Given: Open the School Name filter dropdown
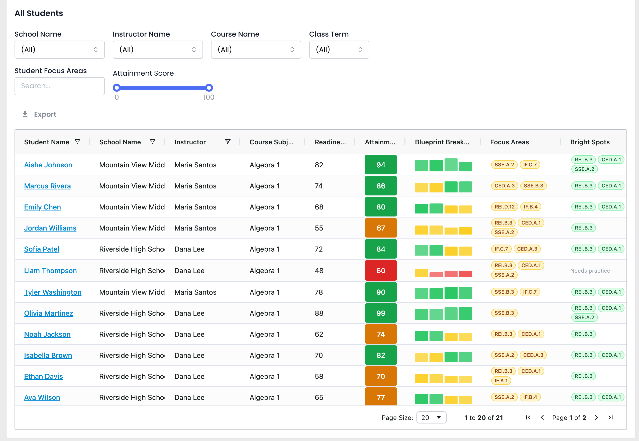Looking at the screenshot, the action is [x=59, y=50].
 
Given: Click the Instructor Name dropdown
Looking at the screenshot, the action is [x=158, y=50].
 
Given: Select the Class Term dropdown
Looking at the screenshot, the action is [x=339, y=50].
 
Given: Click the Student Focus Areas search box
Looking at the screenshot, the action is [x=59, y=86].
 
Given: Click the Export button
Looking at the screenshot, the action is [x=39, y=115].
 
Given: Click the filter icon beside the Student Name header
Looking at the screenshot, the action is [x=78, y=142].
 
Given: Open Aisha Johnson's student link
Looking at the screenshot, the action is [x=48, y=165].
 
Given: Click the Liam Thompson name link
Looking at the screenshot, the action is [x=50, y=271].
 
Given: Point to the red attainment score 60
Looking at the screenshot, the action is [x=381, y=271].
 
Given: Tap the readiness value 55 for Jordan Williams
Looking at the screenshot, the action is [x=319, y=228].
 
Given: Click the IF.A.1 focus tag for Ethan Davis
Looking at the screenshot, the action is [x=501, y=381].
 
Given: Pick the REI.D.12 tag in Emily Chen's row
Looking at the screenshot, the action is [x=504, y=207].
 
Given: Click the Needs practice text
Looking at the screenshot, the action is [x=590, y=271].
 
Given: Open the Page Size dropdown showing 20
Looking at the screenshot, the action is [x=431, y=417].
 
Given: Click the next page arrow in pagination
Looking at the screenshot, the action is [x=596, y=417].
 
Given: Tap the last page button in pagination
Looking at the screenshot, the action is [x=610, y=417].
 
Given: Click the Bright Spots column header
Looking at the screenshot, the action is [x=590, y=142].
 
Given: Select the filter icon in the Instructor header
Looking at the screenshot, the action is [x=228, y=142].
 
